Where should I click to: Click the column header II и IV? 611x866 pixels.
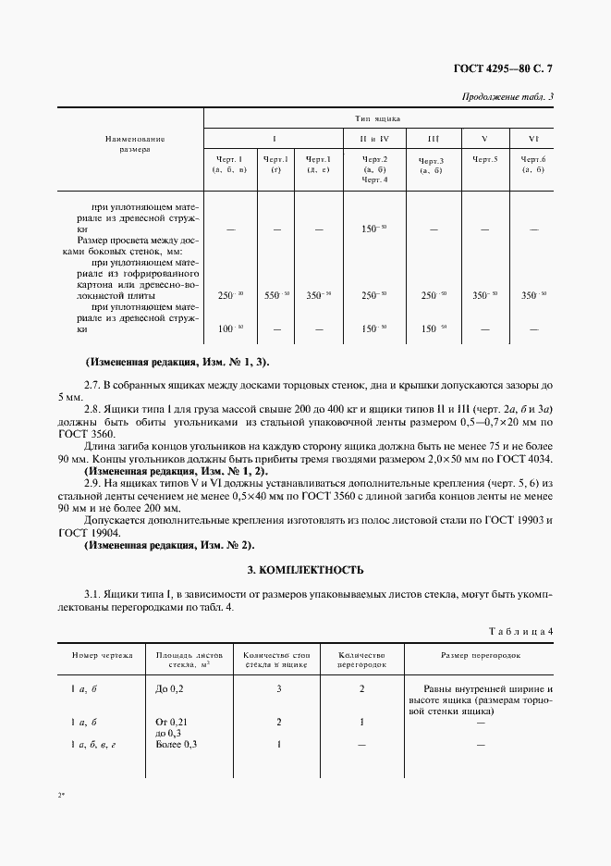point(374,139)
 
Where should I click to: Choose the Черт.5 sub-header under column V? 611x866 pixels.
point(484,159)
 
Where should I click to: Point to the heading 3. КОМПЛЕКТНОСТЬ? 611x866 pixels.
point(305,570)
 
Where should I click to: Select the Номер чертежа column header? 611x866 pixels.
point(102,655)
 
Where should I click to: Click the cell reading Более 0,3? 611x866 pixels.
point(177,744)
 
